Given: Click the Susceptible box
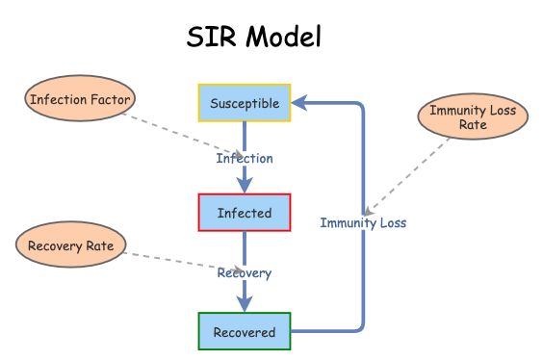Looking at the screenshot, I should coord(244,103).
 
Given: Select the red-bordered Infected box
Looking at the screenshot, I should coord(244,213).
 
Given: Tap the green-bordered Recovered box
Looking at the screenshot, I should coord(244,332).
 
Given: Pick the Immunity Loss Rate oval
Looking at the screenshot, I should coord(474,117).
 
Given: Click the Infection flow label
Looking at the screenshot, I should coord(244,158).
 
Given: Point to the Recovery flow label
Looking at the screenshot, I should coord(244,272).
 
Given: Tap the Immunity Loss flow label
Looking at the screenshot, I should coord(363,222).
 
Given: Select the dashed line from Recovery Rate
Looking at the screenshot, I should coord(173,261).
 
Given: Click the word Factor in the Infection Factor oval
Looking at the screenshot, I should coord(111,98).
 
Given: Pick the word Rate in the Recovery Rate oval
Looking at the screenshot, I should coord(99,246).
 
